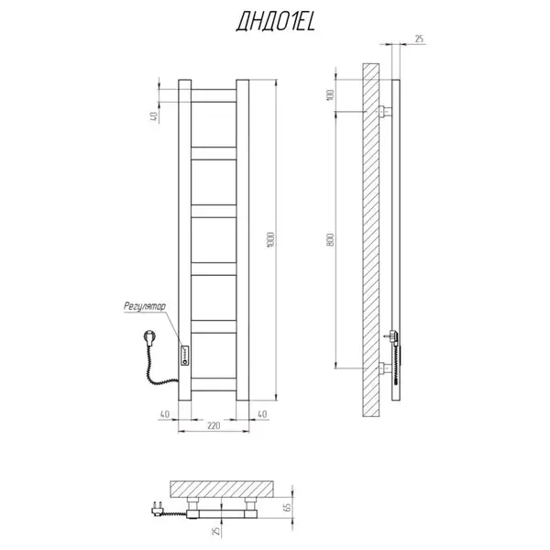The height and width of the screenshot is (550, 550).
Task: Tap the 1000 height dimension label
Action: coord(270,240)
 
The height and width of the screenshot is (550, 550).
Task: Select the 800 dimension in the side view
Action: coord(330,240)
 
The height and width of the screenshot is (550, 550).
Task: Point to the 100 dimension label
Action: coord(330,95)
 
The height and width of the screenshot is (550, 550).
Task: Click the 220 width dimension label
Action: coord(214,425)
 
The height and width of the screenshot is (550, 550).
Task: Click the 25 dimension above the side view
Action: coord(420,38)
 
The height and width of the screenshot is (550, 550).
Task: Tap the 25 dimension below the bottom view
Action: coord(216,531)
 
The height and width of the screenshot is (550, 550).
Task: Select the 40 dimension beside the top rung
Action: coord(154,116)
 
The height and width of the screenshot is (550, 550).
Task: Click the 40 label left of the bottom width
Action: coord(165,414)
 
